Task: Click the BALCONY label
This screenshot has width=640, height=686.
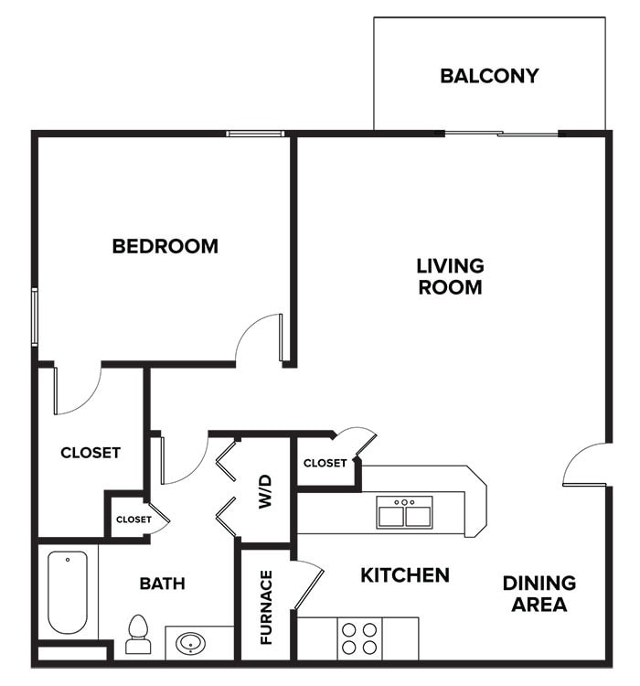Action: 489,75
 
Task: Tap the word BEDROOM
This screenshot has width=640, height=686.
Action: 165,246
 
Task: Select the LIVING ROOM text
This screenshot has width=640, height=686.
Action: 450,276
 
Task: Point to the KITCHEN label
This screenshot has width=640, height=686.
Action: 404,575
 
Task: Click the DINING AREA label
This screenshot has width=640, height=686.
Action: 539,594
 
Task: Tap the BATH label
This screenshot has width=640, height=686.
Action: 163,584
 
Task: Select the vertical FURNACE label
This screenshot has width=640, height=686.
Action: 266,607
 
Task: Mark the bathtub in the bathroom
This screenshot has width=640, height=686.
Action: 68,592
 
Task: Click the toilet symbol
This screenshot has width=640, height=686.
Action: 138,634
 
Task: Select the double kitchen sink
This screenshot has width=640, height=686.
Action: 404,513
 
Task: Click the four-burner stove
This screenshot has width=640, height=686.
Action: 358,638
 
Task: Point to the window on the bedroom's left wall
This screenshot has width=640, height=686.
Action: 35,316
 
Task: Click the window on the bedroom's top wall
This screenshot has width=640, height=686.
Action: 255,134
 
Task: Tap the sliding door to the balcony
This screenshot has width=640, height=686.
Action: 502,134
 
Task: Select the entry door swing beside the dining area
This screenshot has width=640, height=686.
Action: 585,466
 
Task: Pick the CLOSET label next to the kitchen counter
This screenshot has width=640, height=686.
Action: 325,463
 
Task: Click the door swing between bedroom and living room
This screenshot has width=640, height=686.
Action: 261,338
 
